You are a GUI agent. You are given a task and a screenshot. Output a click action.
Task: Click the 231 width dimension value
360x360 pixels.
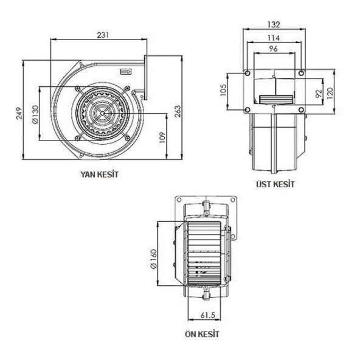[x=103, y=35]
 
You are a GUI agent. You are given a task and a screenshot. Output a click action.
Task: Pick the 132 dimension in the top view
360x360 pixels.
[x=274, y=25]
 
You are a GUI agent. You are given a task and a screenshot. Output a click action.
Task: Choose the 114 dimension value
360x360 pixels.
[x=274, y=37]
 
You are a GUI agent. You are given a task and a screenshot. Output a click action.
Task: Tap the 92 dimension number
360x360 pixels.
[x=317, y=94]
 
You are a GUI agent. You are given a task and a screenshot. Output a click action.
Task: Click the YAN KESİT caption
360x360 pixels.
[x=99, y=174]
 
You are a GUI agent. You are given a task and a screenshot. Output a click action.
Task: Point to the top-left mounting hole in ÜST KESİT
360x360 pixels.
[x=247, y=74]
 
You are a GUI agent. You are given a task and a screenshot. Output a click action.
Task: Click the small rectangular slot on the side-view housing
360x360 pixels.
[x=126, y=72]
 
